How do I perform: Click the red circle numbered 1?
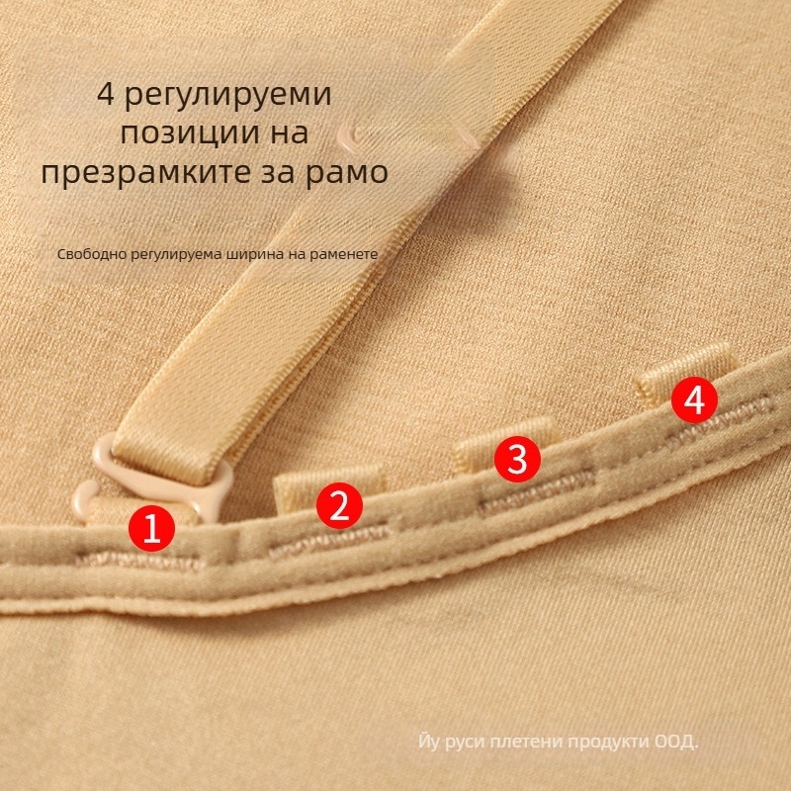pos(151,528)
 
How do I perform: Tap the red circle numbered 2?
pos(339,505)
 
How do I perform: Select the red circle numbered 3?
pos(517,459)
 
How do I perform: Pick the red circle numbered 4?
pos(695,400)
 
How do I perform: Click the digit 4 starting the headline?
pos(106,93)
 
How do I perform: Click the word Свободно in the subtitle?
pos(92,254)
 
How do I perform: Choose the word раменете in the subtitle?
pos(343,254)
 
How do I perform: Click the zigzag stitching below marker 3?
pos(536,491)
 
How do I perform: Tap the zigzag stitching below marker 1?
pos(140,560)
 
